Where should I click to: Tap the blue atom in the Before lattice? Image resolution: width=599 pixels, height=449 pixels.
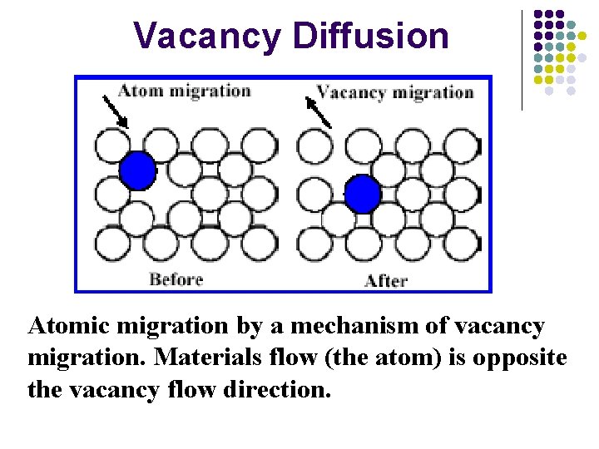pos(137,170)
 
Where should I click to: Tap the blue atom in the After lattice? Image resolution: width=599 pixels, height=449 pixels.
pos(362,195)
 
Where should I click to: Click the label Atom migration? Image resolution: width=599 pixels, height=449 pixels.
pos(184,91)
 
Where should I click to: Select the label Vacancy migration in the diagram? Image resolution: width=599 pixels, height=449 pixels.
pos(394,91)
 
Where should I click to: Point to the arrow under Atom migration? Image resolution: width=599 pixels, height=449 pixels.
pos(115,111)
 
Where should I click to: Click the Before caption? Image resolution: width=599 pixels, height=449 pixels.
pos(176,279)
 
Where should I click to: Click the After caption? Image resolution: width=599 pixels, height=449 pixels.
pos(385,280)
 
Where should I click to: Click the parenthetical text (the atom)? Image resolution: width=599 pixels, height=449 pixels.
pos(379,358)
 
